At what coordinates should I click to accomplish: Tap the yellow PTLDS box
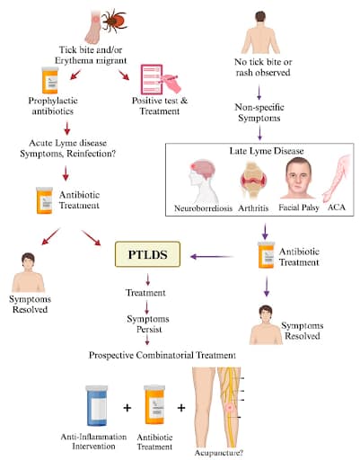(146, 256)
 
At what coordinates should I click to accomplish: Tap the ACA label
(336, 208)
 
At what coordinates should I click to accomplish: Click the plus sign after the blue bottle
(127, 408)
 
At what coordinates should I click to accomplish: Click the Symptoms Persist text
(148, 326)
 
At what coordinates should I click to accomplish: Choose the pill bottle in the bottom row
(155, 407)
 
